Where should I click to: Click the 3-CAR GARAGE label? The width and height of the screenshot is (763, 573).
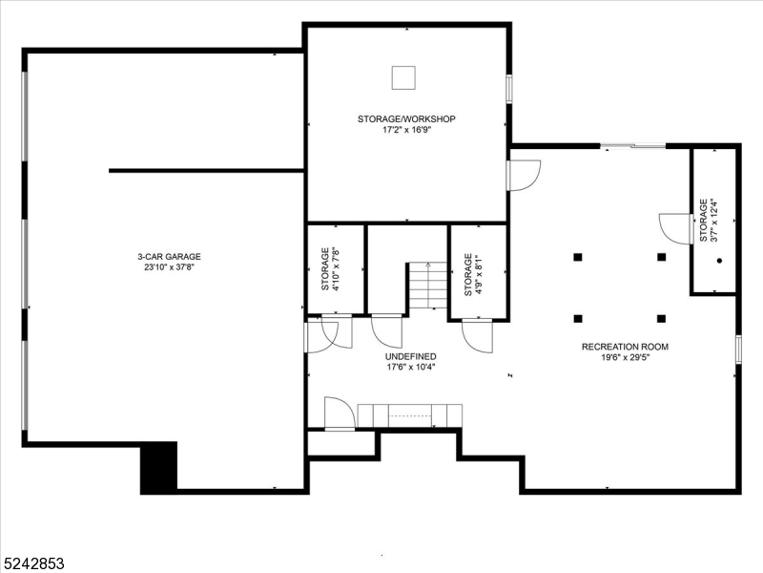click(169, 256)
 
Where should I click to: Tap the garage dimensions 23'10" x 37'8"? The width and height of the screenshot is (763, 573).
click(169, 267)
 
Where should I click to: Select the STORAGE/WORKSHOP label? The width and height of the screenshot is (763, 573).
click(406, 118)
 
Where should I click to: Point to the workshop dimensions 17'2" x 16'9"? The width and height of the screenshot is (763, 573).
click(406, 130)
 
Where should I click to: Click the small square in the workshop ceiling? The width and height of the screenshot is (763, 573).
click(405, 77)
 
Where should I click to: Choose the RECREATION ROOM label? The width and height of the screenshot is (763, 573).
click(625, 347)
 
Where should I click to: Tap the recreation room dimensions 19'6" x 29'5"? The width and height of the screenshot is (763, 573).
click(625, 358)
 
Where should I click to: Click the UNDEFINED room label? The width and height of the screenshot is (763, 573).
click(411, 355)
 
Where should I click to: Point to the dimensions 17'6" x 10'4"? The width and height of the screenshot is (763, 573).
click(411, 367)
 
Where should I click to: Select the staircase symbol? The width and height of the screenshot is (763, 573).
click(427, 287)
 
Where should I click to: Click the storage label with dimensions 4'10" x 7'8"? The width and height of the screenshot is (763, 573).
click(330, 269)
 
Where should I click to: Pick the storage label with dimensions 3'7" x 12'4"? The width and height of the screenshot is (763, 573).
click(709, 221)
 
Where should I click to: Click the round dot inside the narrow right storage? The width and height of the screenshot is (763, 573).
click(719, 260)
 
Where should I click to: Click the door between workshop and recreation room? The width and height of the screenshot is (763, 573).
click(524, 174)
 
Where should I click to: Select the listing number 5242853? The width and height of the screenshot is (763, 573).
click(33, 563)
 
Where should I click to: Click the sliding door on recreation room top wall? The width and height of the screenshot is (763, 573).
click(632, 146)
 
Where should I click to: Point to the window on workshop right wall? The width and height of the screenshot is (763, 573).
click(509, 88)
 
